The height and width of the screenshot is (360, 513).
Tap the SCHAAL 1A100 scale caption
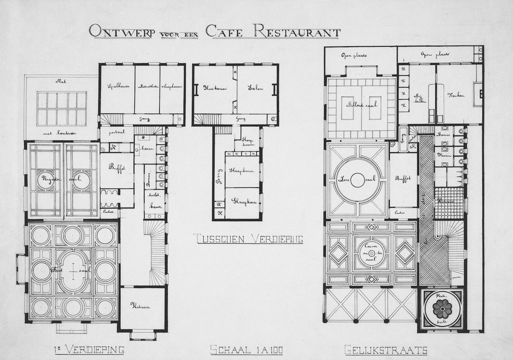coord(240,349)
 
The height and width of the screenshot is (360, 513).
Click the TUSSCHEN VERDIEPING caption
coord(248,239)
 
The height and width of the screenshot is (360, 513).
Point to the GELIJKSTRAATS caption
coord(386,349)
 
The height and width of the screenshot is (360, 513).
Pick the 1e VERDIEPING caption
coord(89,349)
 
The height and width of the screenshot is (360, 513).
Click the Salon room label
coord(256,87)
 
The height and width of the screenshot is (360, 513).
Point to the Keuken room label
coord(456,94)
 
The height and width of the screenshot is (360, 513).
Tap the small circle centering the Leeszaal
coord(357,179)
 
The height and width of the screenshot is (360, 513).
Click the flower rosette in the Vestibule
coord(442,308)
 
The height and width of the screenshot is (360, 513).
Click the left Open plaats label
coord(354,55)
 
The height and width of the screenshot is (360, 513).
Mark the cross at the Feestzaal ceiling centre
coord(73,271)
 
